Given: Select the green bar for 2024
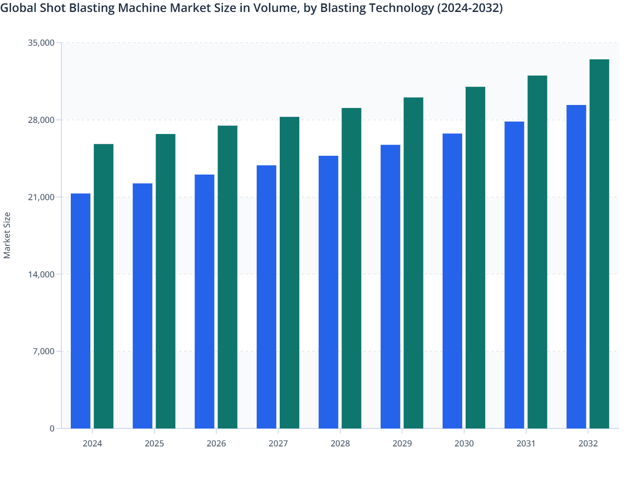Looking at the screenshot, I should tap(104, 286).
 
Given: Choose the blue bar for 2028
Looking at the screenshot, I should tap(328, 292).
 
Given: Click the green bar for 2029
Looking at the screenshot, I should tap(414, 263).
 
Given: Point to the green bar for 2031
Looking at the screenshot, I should tap(537, 252).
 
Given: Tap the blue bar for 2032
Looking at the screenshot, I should tap(576, 266).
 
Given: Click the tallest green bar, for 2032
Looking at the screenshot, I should tap(599, 244).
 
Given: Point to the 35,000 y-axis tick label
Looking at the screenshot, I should tap(41, 43).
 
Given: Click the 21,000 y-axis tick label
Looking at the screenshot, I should tap(41, 197).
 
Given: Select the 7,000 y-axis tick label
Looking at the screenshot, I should tap(43, 351).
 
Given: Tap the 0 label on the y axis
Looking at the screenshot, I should tap(52, 428).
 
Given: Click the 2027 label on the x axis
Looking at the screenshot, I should tap(278, 443).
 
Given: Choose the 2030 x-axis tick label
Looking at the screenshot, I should tap(464, 443).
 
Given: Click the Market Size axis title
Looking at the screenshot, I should tap(7, 235).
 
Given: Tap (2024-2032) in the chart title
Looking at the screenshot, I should tap(470, 8).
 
